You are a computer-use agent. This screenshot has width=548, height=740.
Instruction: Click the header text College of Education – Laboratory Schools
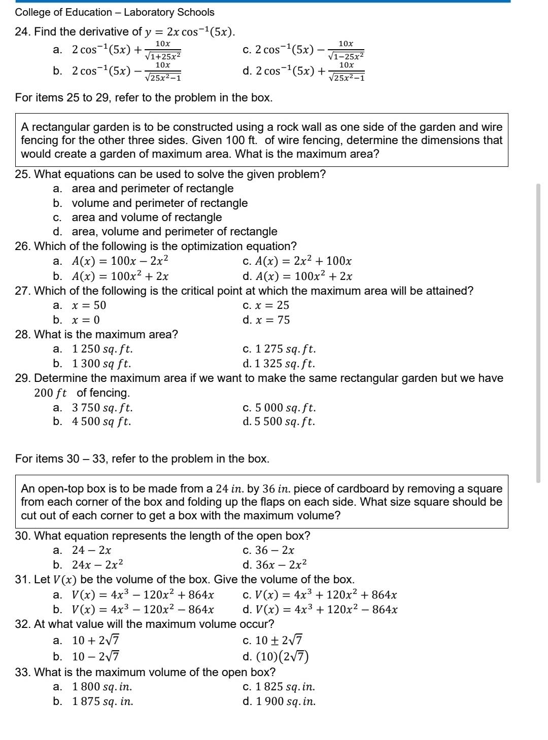pyautogui.click(x=115, y=12)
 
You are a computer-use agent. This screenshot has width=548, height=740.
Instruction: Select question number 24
pyautogui.click(x=21, y=32)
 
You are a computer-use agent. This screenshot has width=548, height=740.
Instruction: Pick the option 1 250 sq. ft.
pyautogui.click(x=102, y=349)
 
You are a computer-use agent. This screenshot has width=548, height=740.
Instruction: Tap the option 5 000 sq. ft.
pyautogui.click(x=285, y=408)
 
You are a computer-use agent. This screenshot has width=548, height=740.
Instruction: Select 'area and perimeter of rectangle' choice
pyautogui.click(x=152, y=189)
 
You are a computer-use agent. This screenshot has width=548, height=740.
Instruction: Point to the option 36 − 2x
pyautogui.click(x=275, y=550)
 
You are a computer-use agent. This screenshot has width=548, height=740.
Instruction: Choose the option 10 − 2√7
pyautogui.click(x=95, y=656)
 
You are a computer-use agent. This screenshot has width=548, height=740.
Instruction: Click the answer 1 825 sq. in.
pyautogui.click(x=285, y=687)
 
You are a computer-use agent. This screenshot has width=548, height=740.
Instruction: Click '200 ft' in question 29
pyautogui.click(x=50, y=393)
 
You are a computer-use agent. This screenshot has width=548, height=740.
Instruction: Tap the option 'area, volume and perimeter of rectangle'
pyautogui.click(x=174, y=232)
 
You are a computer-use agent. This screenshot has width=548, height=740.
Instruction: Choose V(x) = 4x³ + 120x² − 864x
pyautogui.click(x=326, y=609)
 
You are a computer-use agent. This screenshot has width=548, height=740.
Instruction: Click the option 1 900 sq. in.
pyautogui.click(x=285, y=701)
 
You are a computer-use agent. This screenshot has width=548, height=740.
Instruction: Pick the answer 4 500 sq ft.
pyautogui.click(x=101, y=421)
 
